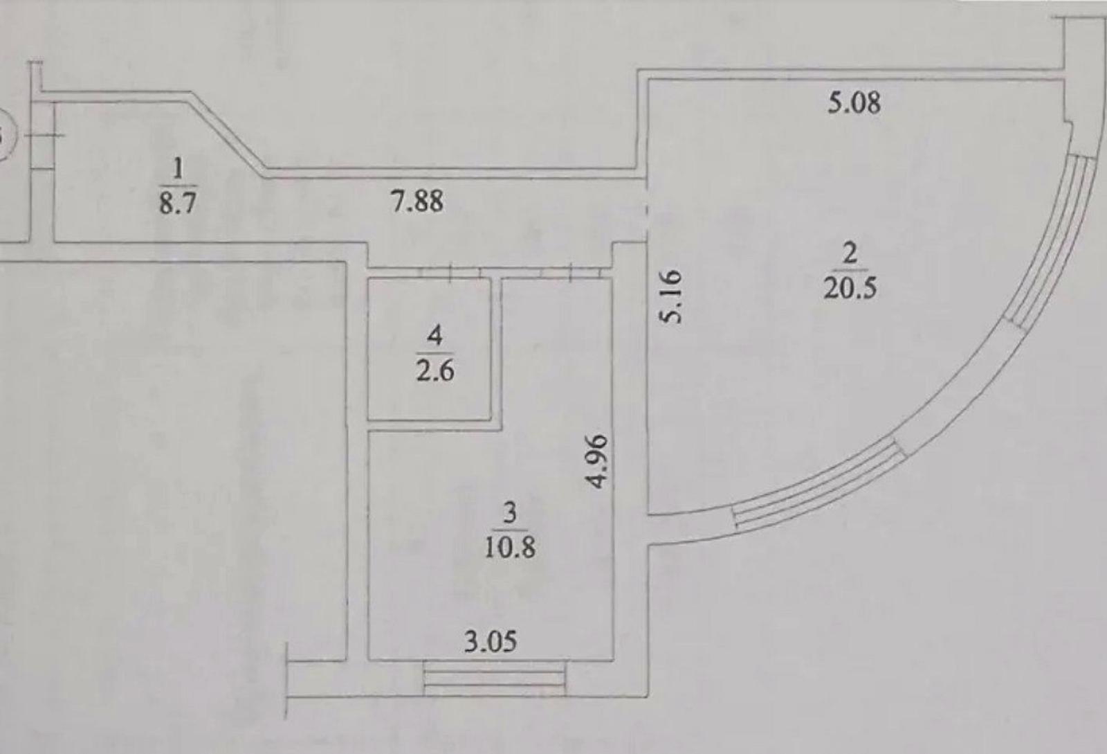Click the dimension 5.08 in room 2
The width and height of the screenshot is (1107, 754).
click(854, 103)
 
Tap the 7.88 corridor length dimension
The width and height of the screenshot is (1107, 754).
click(417, 201)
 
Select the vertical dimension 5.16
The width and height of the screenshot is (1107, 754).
click(672, 296)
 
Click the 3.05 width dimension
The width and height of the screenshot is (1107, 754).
click(491, 642)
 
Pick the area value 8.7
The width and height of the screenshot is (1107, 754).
click(178, 203)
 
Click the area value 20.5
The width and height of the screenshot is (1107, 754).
click(850, 288)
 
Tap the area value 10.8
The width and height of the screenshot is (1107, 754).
click(510, 548)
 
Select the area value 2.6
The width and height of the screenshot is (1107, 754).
click(435, 371)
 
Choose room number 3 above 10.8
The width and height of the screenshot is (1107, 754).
click(510, 513)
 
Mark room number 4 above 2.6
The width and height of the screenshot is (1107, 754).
click(435, 336)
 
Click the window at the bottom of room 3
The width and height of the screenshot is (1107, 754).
click(494, 679)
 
